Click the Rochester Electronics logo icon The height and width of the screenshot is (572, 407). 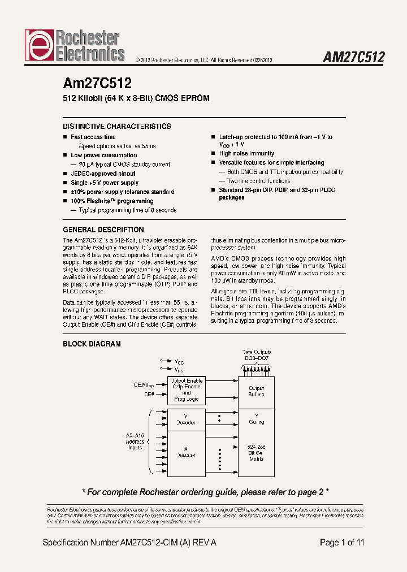click(38, 46)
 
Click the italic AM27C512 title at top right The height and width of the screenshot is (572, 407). click(353, 58)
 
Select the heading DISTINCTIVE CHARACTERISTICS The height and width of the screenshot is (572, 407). click(117, 127)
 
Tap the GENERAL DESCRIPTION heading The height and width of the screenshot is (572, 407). click(103, 230)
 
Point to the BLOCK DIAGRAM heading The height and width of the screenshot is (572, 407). click(92, 344)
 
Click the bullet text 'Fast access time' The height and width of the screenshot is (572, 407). click(93, 137)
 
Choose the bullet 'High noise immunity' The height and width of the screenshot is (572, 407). click(246, 153)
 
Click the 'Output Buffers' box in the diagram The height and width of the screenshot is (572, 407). click(256, 391)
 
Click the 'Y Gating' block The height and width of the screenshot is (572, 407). click(256, 418)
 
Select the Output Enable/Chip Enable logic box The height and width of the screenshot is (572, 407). click(187, 389)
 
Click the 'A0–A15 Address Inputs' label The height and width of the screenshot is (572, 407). click(135, 442)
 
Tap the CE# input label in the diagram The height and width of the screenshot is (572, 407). click(149, 394)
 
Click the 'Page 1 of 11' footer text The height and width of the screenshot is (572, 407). click(342, 543)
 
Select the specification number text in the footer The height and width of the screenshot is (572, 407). click(129, 543)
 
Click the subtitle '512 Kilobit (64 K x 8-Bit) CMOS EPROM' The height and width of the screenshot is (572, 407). click(136, 98)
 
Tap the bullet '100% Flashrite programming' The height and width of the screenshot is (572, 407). click(112, 201)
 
